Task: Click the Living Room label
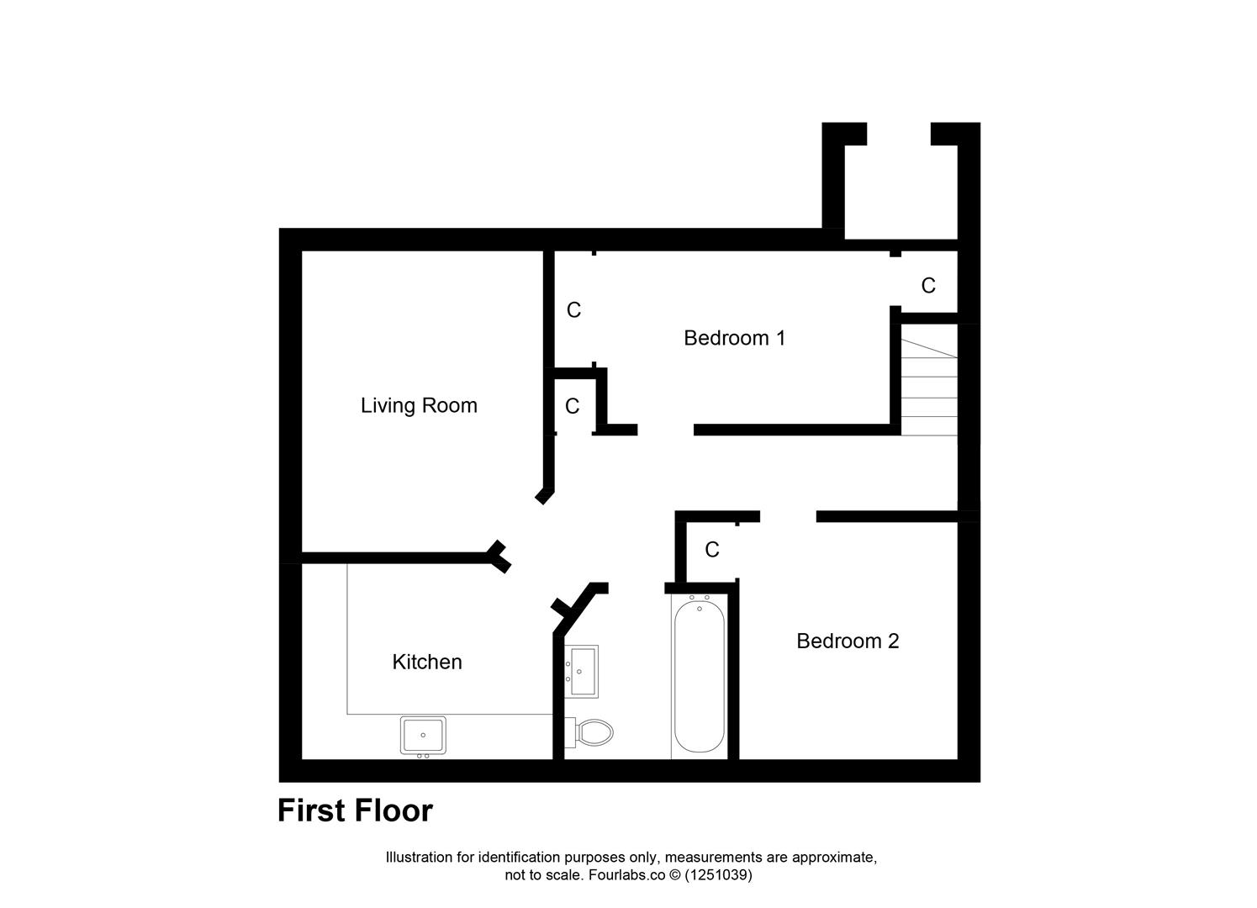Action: pos(419,405)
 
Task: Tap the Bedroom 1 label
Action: pos(734,338)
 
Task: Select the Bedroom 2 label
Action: pos(848,641)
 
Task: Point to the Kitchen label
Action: pos(427,663)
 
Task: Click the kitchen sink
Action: pos(424,735)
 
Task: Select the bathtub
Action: pos(699,677)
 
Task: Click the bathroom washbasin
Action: pos(582,671)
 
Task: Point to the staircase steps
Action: pos(929,387)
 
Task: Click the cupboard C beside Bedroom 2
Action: pos(712,550)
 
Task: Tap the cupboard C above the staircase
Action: pos(928,286)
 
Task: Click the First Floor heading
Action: pos(355,810)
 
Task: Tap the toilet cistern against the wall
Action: pos(569,732)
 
